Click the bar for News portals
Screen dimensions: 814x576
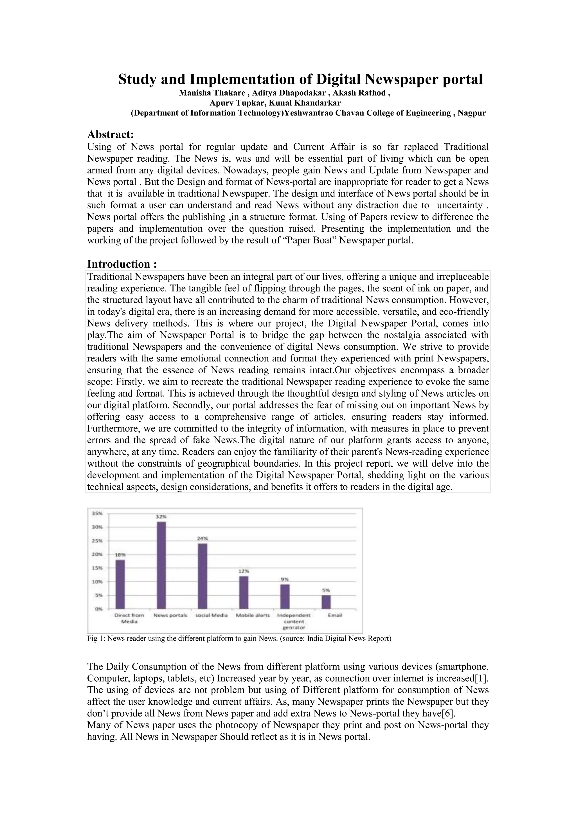pyautogui.click(x=161, y=565)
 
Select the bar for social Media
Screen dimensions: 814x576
pyautogui.click(x=202, y=576)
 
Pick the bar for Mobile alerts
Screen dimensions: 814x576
pyautogui.click(x=244, y=593)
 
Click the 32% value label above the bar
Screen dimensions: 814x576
pyautogui.click(x=161, y=517)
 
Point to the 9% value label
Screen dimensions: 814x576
pyautogui.click(x=285, y=579)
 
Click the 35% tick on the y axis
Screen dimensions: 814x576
pyautogui.click(x=97, y=513)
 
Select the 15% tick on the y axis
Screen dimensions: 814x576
pyautogui.click(x=97, y=568)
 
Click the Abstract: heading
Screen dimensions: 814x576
pyautogui.click(x=110, y=135)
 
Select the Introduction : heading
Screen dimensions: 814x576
pyautogui.click(x=122, y=264)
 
